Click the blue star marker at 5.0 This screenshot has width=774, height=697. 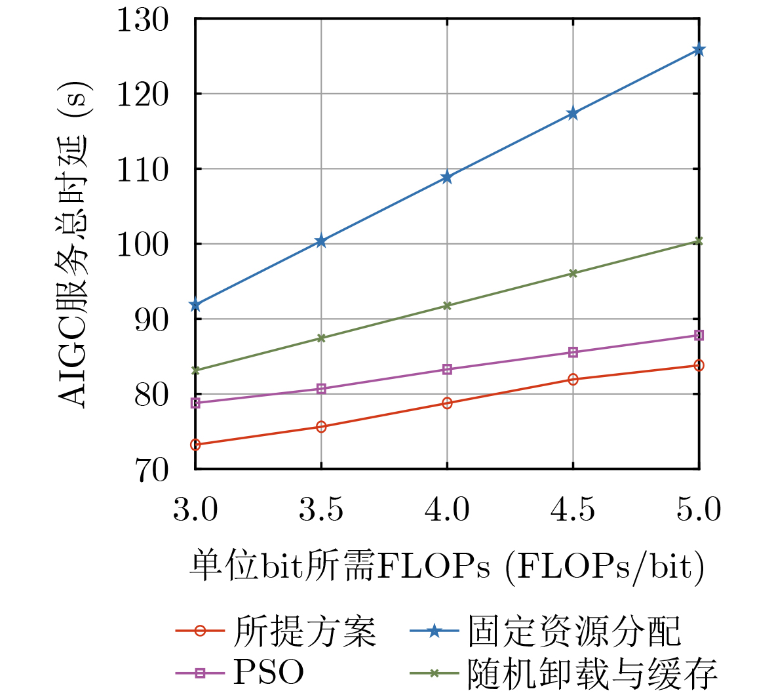[699, 50]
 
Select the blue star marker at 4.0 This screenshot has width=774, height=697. [447, 177]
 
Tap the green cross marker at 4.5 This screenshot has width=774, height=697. [573, 273]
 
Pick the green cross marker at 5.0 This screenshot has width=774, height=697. [699, 241]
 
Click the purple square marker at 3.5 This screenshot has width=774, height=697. [321, 389]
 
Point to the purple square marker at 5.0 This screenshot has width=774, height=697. [699, 335]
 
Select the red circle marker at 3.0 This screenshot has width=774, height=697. [195, 445]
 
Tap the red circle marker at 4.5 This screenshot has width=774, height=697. [573, 379]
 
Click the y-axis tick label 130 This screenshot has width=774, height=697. [142, 19]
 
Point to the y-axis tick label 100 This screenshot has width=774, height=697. [142, 245]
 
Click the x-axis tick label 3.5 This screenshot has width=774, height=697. [321, 509]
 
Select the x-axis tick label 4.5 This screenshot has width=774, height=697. [573, 509]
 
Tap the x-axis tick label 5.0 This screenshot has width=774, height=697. [699, 509]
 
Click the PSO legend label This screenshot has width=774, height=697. [269, 672]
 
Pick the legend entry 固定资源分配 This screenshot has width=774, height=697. [574, 631]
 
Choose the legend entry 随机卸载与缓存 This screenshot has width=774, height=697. [592, 672]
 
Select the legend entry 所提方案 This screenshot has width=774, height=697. [305, 631]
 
